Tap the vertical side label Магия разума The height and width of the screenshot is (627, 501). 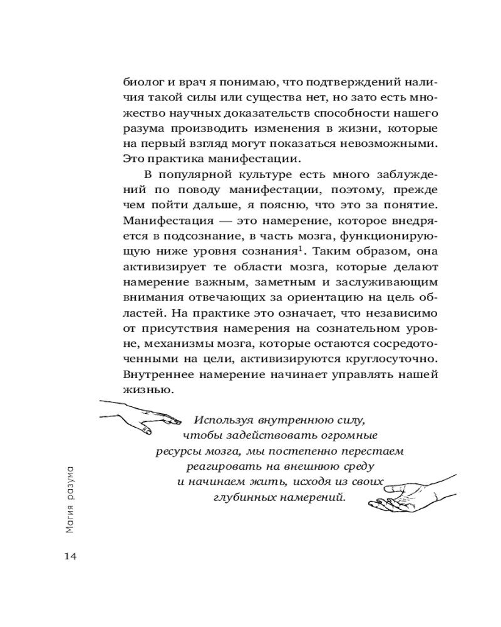point(70,498)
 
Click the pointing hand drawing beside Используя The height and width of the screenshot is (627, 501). point(140,416)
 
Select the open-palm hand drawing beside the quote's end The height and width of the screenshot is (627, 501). point(408,492)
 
